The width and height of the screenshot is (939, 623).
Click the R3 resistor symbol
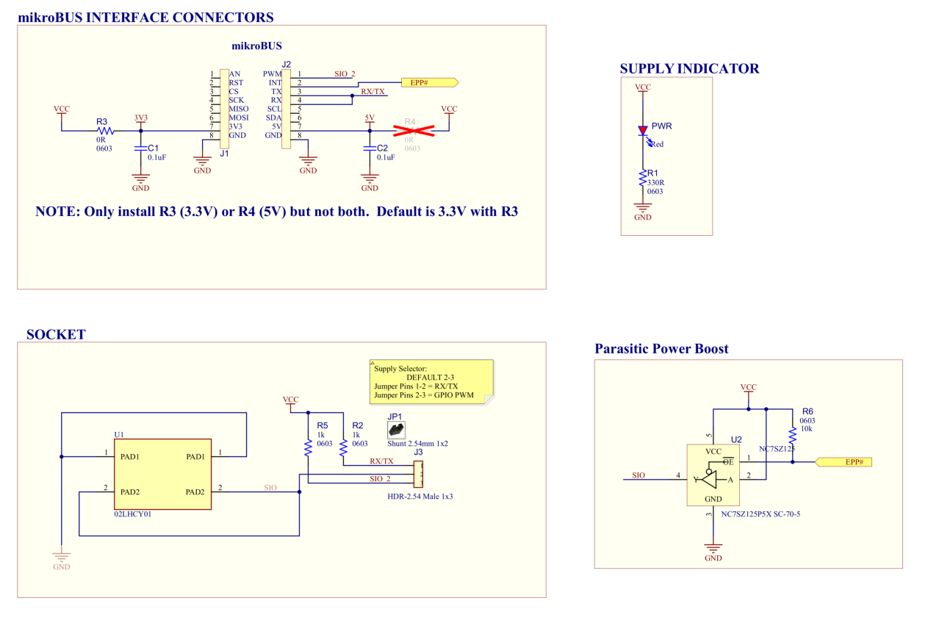[x=104, y=131]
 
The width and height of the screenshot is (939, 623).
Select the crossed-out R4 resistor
[x=413, y=131]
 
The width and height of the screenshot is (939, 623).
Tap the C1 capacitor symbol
[x=140, y=148]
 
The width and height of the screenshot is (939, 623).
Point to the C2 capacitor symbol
[x=370, y=148]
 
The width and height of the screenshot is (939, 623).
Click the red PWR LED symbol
[x=643, y=132]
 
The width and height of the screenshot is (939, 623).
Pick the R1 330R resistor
[x=643, y=178]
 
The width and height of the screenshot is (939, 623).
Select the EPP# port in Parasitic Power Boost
[x=843, y=462]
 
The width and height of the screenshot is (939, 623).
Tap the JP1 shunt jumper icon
[x=396, y=429]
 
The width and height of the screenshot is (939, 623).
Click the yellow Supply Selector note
[x=432, y=381]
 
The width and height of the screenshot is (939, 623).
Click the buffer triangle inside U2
[x=710, y=479]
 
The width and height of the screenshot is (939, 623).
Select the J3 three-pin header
[x=419, y=474]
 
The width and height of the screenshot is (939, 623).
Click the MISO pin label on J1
[x=238, y=109]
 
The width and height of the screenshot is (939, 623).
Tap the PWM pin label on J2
[x=272, y=74]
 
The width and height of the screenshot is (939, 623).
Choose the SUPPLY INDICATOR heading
[x=689, y=68]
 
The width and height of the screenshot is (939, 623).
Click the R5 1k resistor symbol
[x=309, y=447]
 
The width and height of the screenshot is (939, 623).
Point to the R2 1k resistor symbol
[x=343, y=447]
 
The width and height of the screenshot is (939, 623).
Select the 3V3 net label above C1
[x=140, y=118]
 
